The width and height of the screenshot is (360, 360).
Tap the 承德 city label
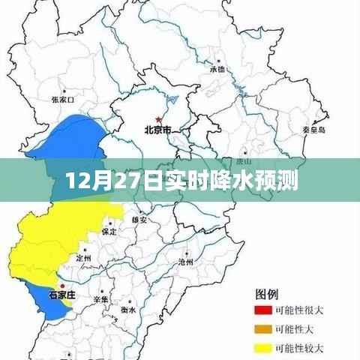[217, 69]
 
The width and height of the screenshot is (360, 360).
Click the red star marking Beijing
[158, 118]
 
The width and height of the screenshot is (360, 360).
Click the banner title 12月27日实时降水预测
[179, 181]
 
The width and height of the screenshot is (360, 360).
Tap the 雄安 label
[139, 220]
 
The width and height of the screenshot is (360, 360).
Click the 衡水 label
[128, 309]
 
